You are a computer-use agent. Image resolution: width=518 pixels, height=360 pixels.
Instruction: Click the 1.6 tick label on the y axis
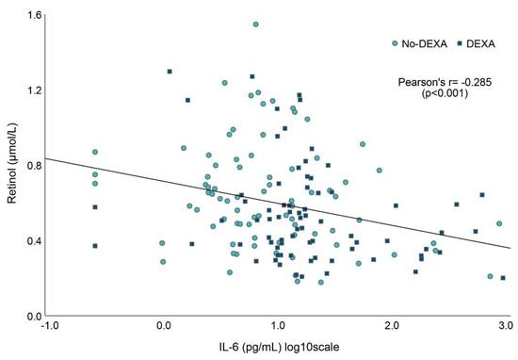[x=34, y=15]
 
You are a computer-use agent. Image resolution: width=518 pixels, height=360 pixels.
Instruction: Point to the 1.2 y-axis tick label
[x=34, y=90]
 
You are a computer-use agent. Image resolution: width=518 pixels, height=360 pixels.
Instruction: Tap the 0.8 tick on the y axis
[x=34, y=165]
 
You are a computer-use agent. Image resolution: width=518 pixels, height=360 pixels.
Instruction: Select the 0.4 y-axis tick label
[x=34, y=240]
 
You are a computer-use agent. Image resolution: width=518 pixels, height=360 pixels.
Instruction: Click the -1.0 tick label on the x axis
[x=51, y=326]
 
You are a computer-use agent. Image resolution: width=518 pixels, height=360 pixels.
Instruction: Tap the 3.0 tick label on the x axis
[x=505, y=326]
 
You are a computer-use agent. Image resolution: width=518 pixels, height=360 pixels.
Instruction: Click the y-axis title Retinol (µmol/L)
[x=12, y=164]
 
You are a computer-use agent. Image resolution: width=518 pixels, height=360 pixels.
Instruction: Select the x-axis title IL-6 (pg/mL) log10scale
[x=279, y=347]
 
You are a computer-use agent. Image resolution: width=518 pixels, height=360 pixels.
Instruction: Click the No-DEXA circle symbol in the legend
[x=395, y=43]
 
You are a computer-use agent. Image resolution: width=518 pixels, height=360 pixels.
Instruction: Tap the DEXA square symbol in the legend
[x=460, y=43]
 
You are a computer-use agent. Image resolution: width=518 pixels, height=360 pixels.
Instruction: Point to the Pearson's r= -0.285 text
[x=445, y=82]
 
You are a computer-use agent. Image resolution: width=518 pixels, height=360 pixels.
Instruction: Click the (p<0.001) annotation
[x=445, y=93]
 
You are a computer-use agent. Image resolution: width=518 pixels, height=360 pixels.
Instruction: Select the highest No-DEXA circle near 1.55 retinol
[x=255, y=25]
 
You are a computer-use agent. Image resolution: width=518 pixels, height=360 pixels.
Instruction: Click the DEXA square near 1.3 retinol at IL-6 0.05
[x=170, y=72]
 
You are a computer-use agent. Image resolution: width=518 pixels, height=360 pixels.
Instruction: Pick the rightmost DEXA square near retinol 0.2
[x=503, y=278]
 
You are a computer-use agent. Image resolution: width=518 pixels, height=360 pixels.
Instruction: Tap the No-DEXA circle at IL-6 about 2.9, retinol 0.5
[x=499, y=223]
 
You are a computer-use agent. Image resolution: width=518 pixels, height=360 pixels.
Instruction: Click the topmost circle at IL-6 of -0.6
[x=95, y=152]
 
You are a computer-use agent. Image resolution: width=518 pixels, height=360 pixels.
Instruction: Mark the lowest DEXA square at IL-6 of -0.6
[x=95, y=246]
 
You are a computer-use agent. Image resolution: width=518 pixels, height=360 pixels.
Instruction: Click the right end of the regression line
[x=510, y=248]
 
